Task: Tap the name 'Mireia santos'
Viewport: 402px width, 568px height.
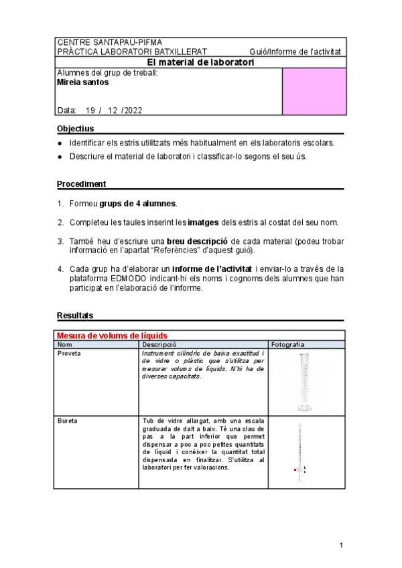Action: [x=83, y=83]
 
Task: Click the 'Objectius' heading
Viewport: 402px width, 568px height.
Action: [x=75, y=128]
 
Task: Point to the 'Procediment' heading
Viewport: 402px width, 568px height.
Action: [x=81, y=184]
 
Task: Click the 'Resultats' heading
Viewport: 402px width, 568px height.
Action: [x=75, y=315]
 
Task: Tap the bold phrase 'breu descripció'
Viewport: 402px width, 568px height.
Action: [x=198, y=240]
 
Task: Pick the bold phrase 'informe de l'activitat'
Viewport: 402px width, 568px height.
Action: [x=211, y=269]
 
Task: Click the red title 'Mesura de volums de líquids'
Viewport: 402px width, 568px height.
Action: [x=112, y=335]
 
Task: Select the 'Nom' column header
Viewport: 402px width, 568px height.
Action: [x=64, y=344]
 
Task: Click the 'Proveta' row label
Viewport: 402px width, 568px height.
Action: [x=69, y=352]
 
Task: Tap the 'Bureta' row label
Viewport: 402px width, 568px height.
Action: [x=67, y=421]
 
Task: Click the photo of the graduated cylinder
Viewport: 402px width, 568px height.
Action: [x=304, y=382]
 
